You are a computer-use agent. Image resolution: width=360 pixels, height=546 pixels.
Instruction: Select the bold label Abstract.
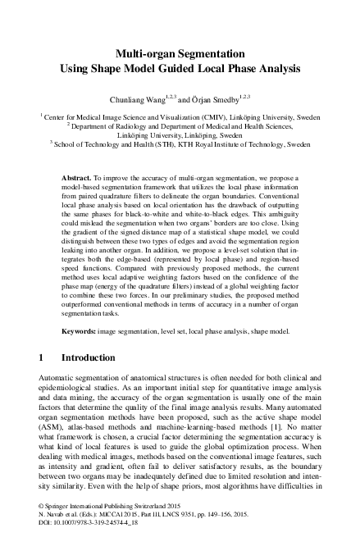78,178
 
